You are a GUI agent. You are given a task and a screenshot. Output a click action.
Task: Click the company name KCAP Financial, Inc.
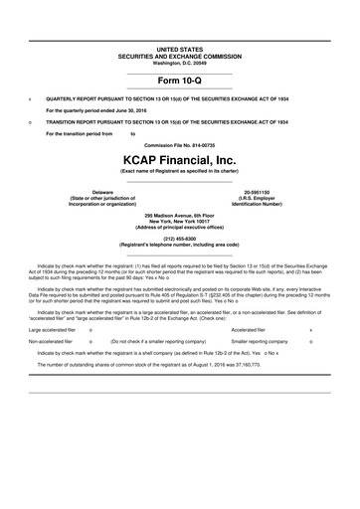(x=180, y=159)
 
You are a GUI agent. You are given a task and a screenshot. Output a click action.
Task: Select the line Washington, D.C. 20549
(x=180, y=63)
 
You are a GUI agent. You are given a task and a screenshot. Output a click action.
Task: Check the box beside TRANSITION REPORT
(x=32, y=121)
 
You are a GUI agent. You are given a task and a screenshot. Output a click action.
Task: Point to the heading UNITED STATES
(x=180, y=48)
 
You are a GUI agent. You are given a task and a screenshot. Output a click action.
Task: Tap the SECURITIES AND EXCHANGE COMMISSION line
(x=180, y=56)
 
